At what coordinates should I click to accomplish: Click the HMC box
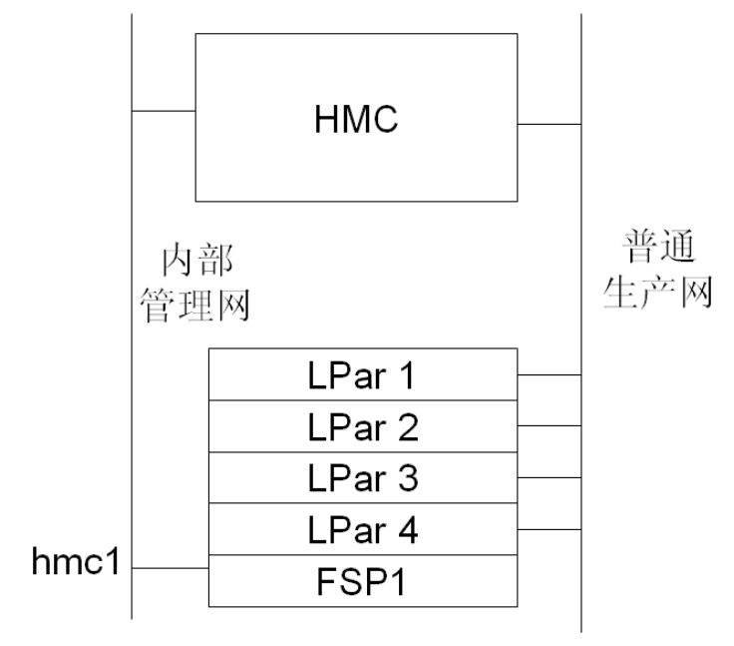[356, 160]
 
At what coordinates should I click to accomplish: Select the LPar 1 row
[363, 375]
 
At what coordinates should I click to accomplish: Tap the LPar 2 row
[363, 427]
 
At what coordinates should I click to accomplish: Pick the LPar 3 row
[363, 478]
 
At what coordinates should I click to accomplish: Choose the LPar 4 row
[363, 530]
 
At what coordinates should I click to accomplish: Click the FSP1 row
[363, 581]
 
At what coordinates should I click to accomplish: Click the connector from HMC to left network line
[164, 111]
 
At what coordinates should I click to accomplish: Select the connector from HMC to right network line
[550, 125]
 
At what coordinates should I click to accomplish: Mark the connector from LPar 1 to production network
[550, 375]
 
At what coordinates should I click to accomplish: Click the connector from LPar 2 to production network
[550, 426]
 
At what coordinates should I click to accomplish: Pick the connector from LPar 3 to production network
[550, 477]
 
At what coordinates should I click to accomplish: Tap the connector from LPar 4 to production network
[550, 529]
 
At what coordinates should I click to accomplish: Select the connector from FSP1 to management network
[171, 568]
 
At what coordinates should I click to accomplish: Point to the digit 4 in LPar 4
[407, 530]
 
